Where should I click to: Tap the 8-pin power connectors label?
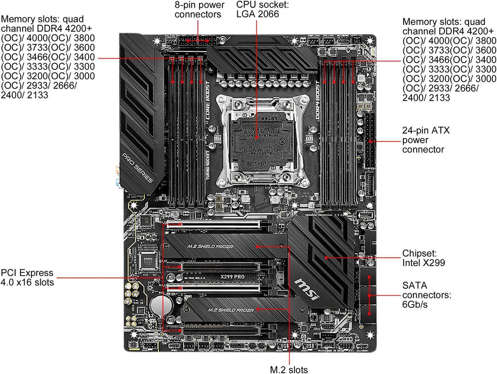tap(199, 10)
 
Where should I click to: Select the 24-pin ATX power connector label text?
tap(426, 140)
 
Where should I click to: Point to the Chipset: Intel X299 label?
tap(423, 258)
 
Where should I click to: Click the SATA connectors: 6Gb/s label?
tap(426, 295)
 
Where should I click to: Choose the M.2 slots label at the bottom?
tap(288, 369)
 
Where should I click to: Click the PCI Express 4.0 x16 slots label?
tap(27, 277)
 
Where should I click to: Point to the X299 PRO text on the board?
tap(232, 277)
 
